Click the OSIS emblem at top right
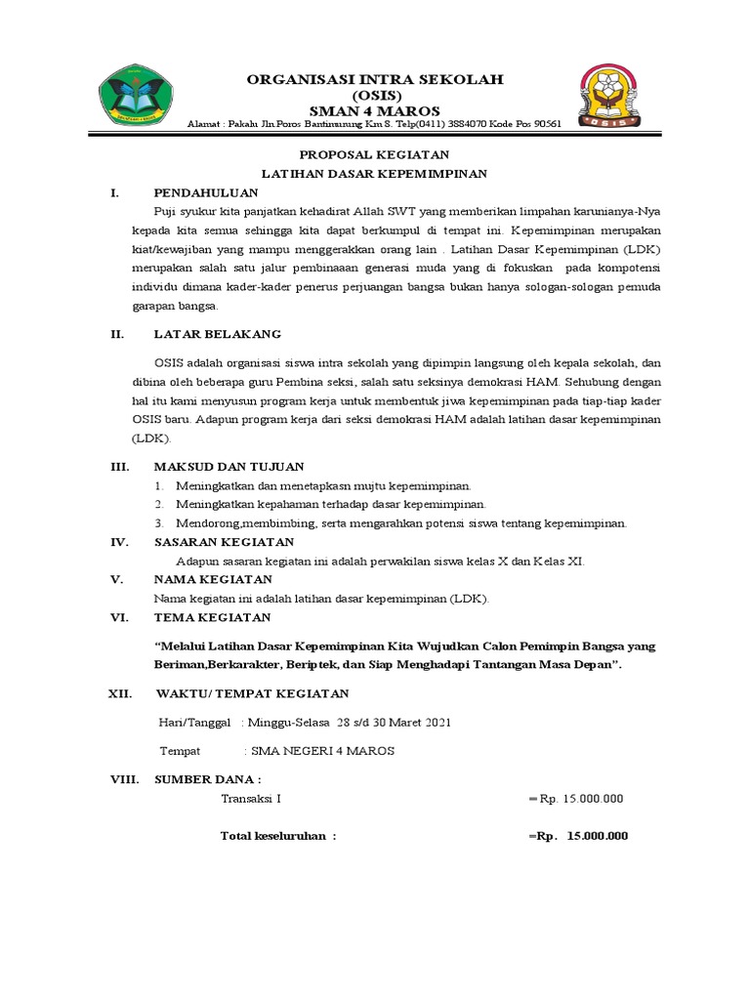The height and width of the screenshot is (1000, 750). [610, 97]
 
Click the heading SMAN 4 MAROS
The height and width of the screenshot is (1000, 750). [374, 110]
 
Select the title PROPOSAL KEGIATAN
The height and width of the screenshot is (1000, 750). [373, 155]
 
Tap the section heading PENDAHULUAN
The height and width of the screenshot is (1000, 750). [206, 192]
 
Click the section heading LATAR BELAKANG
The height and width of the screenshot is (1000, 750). [218, 334]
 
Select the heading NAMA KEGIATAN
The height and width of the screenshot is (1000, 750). [212, 579]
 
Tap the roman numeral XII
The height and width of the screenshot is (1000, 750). [119, 693]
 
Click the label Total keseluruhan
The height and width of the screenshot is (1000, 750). [278, 836]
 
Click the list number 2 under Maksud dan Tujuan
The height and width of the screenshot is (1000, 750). [158, 504]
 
